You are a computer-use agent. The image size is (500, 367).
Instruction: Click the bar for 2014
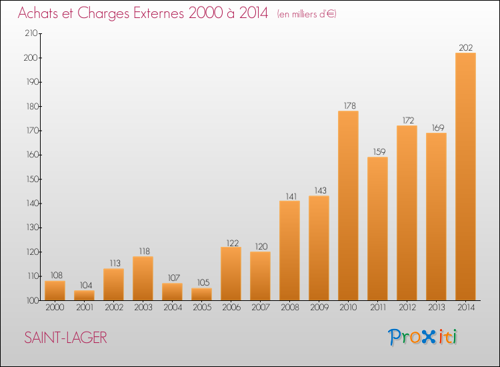(465, 176)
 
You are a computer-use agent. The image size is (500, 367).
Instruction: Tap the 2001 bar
(84, 295)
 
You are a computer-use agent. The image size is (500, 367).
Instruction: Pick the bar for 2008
(289, 250)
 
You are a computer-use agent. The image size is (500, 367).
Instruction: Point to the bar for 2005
(201, 294)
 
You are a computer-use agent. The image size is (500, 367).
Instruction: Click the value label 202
(465, 47)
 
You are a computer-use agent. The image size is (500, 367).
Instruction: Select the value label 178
(348, 105)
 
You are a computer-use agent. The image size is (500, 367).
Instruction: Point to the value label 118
(143, 251)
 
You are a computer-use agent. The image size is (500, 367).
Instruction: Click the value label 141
(289, 196)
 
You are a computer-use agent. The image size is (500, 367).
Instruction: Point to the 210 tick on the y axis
(31, 33)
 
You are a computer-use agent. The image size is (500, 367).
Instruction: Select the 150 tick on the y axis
(31, 179)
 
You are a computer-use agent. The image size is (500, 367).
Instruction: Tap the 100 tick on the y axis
(31, 300)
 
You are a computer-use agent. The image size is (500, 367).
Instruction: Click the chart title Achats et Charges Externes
(143, 13)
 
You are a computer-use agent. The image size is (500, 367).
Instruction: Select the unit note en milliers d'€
(307, 14)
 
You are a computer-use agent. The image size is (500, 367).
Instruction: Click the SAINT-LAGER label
(65, 338)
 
